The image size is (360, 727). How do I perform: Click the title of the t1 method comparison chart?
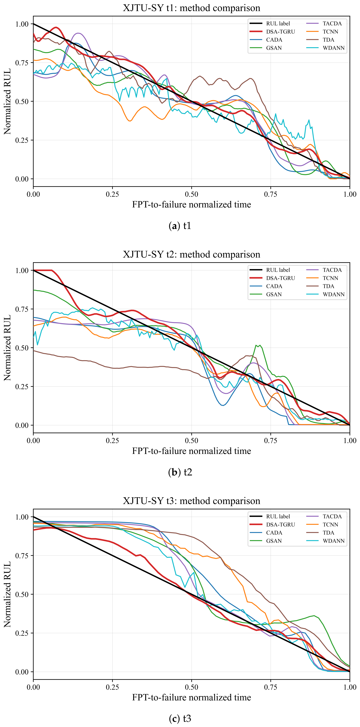191,8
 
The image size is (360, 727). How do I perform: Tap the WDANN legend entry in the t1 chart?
326,48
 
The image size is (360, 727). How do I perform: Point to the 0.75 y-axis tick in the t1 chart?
22,63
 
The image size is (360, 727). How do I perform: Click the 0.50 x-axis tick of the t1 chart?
191,194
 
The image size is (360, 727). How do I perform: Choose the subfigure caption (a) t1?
180,226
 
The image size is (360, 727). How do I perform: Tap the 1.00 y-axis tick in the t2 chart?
22,270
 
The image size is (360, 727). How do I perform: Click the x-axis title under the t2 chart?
191,451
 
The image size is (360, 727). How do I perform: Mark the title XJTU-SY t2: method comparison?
191,254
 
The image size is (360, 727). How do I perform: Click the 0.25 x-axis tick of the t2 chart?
112,441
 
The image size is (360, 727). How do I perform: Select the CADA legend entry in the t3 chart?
266,533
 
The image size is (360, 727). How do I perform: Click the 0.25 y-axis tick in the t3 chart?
22,633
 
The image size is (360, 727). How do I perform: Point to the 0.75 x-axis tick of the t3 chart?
271,687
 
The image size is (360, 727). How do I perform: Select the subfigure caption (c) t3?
180,719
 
